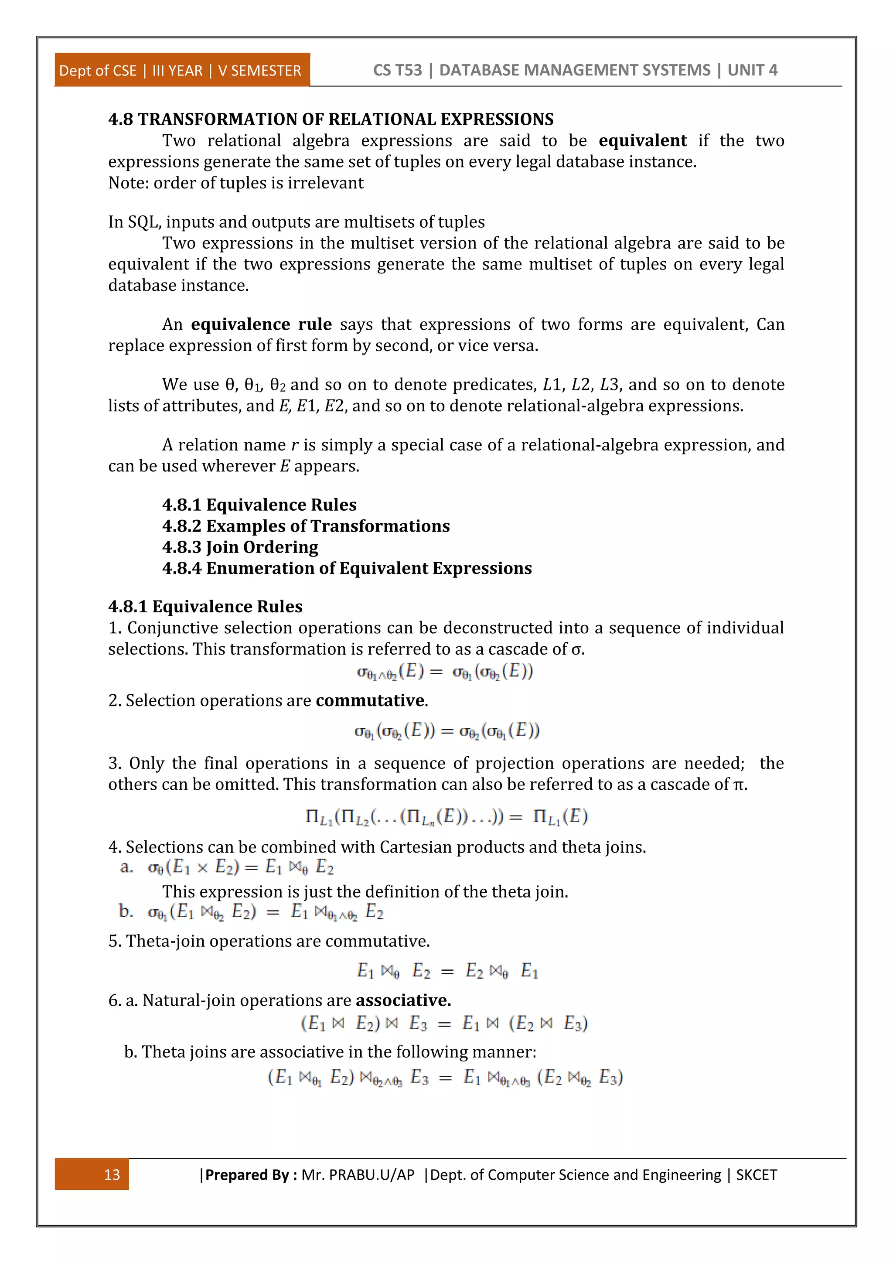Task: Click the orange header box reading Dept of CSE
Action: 181,70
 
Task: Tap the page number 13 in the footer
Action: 112,1174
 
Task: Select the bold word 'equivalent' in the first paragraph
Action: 642,141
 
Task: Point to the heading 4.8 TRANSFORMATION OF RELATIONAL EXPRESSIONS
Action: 331,119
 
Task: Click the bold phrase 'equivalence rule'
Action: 261,324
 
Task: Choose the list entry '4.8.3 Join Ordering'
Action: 240,547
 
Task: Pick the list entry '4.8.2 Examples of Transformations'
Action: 306,526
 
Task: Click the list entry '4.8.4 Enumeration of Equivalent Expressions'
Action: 347,568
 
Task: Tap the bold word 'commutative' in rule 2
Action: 370,701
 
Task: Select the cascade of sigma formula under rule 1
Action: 444,672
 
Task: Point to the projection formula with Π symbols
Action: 446,816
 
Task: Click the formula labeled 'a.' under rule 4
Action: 240,867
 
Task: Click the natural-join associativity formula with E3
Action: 444,1024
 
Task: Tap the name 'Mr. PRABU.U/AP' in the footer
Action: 358,1175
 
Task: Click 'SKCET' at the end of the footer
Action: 756,1175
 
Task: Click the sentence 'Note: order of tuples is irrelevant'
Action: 235,183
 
